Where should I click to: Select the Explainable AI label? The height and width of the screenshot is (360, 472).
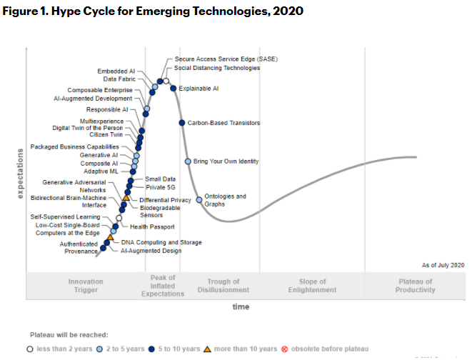(199, 89)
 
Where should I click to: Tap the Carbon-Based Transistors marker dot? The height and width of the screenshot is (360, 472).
(182, 123)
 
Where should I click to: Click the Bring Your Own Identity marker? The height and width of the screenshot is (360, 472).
(188, 161)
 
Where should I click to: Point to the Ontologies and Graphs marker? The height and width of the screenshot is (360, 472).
(199, 200)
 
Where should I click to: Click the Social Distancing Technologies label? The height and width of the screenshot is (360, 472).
(217, 68)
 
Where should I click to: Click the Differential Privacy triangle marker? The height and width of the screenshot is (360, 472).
(126, 197)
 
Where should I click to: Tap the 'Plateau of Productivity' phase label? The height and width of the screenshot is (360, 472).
(416, 286)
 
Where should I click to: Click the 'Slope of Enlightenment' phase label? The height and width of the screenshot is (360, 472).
(313, 286)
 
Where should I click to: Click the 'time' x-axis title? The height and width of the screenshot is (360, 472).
(241, 306)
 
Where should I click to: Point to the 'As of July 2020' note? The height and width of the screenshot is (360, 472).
(443, 264)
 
